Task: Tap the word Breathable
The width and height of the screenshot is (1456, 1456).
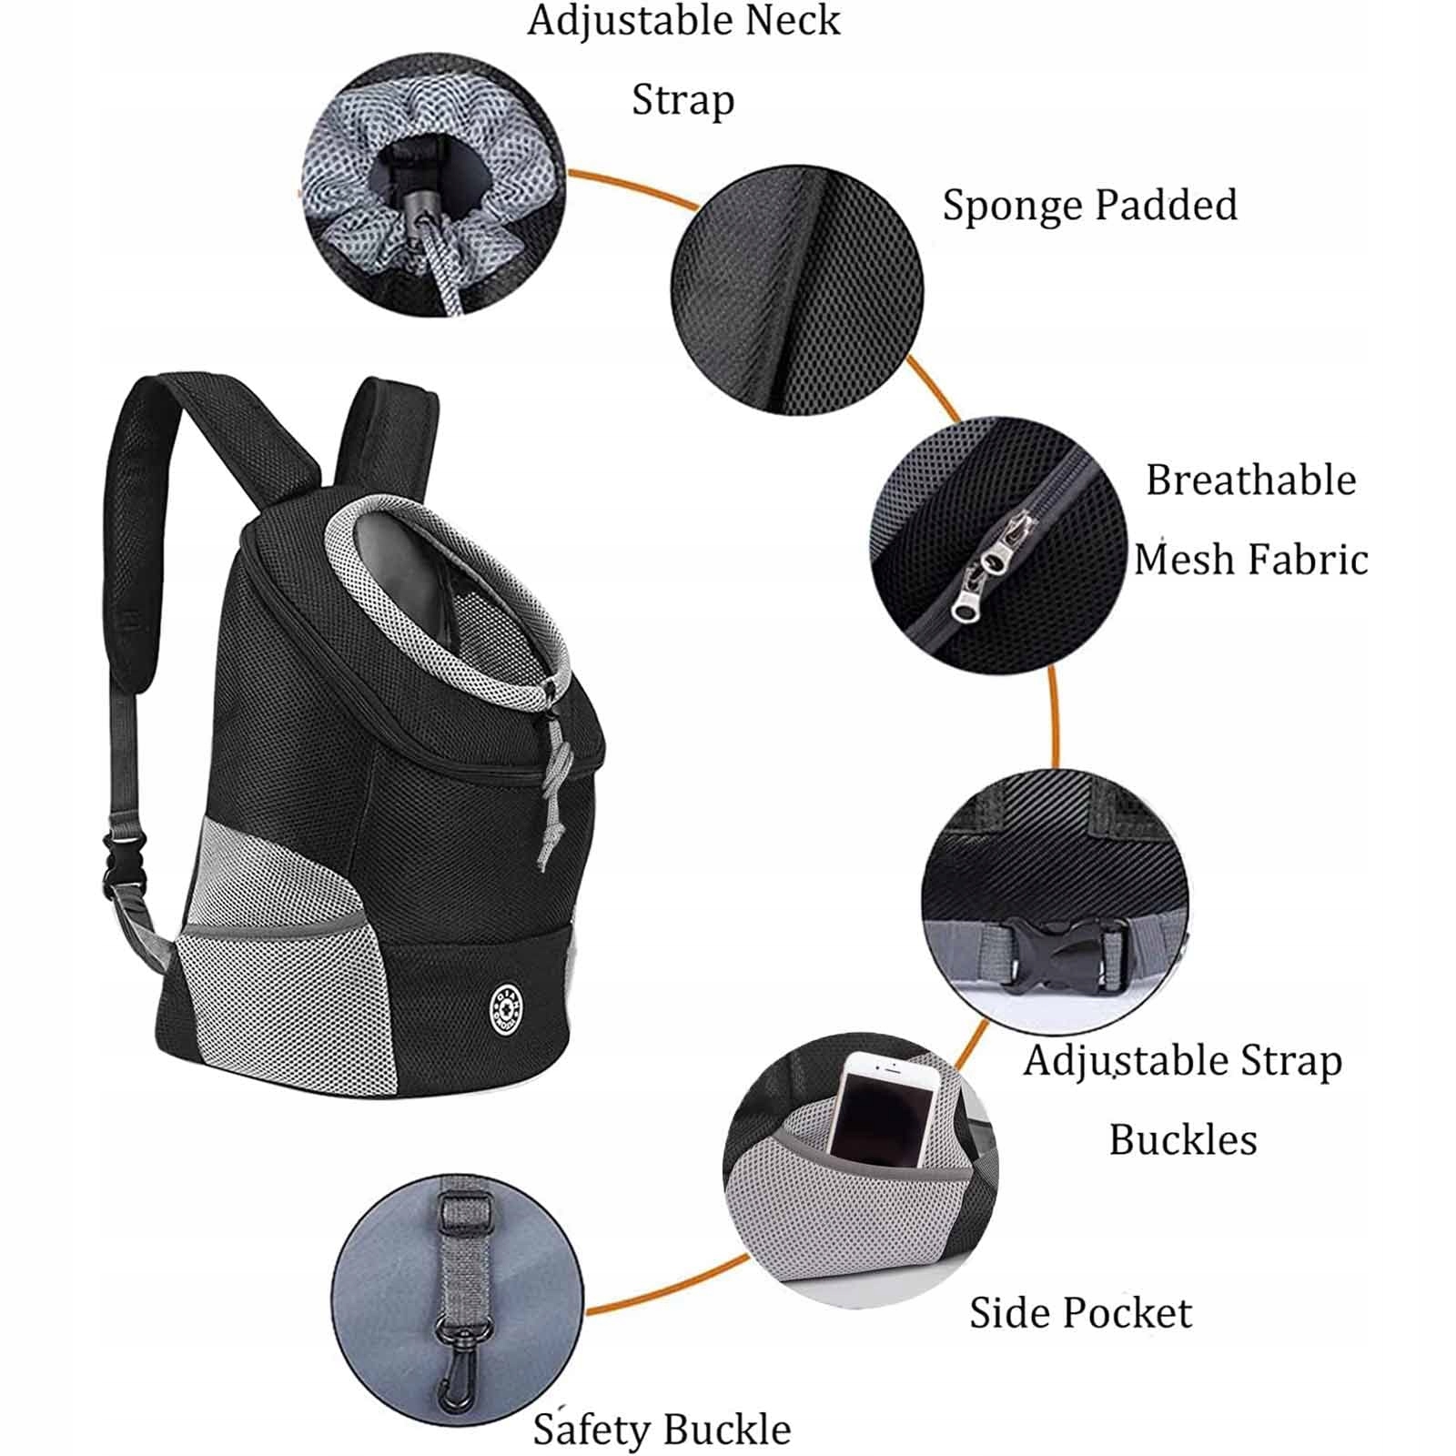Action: coord(1251,480)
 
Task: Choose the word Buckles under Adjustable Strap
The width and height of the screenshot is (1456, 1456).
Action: coord(1183,1139)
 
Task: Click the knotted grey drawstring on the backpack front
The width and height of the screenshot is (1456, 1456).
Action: coord(552,791)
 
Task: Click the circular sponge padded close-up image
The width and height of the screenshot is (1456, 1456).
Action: coord(797,290)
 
